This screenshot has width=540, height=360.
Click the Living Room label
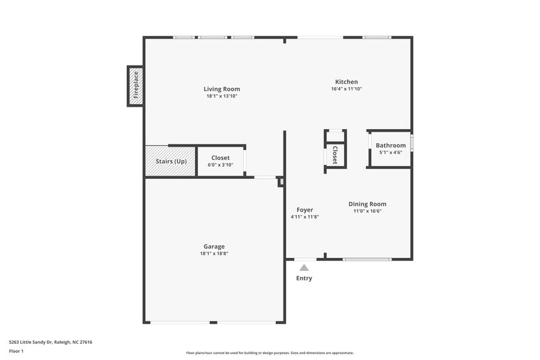(x=221, y=89)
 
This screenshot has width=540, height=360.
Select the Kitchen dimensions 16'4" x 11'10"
(x=346, y=89)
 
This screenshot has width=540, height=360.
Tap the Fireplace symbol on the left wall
(x=135, y=86)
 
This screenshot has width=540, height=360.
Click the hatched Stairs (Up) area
(x=170, y=161)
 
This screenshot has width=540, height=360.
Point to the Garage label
(x=214, y=247)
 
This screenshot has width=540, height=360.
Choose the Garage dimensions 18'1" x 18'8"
(x=214, y=254)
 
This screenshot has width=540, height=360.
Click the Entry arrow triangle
(x=304, y=267)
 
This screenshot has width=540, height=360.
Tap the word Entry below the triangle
(x=304, y=278)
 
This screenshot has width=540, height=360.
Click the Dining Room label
(x=367, y=204)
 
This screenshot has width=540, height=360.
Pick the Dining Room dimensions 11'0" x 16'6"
(x=367, y=211)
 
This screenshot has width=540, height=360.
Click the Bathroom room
(x=390, y=146)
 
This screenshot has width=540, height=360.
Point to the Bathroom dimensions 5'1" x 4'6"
(x=390, y=153)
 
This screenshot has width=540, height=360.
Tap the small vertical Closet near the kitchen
(x=334, y=155)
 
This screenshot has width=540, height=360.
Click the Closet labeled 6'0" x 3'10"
(x=220, y=161)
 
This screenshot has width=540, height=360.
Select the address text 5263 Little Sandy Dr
(x=51, y=342)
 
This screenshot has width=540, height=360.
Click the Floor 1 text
(x=17, y=352)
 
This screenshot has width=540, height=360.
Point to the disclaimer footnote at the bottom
(x=269, y=353)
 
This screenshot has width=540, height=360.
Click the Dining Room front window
(x=367, y=259)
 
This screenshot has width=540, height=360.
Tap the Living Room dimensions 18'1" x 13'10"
(x=221, y=97)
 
